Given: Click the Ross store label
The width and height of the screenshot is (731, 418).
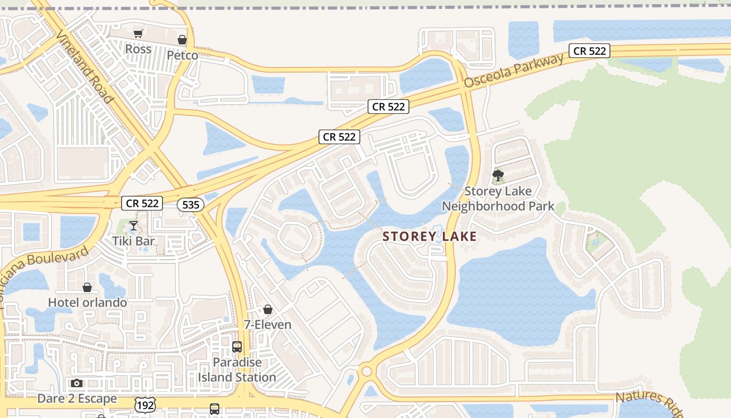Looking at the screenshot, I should [138, 49].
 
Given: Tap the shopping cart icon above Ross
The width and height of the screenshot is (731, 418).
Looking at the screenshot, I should [138, 34].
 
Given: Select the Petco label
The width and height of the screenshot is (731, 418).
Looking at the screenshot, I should [182, 55].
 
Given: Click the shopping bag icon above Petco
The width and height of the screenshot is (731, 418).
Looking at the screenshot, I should [182, 40].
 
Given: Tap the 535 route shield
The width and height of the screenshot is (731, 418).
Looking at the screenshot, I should [191, 205].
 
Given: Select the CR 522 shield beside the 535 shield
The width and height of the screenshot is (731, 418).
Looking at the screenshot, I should [142, 203].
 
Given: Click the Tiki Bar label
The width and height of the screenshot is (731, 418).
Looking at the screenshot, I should [134, 241].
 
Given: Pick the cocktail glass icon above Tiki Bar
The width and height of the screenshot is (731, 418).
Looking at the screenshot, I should [134, 226].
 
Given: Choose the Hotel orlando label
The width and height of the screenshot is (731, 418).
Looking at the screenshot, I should [87, 303].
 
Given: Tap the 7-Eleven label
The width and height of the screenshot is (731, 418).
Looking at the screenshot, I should [268, 324].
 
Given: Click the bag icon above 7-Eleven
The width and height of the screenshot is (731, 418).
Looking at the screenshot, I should [268, 309].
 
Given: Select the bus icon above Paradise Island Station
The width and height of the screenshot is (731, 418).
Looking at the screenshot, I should [237, 346].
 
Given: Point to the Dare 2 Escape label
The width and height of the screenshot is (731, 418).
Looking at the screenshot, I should [77, 399].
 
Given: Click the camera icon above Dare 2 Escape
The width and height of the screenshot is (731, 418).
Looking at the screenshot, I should [77, 384].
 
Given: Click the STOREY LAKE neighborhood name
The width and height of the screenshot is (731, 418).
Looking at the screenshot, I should [430, 236].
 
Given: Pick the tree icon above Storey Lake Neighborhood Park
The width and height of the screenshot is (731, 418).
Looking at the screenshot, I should [498, 176].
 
